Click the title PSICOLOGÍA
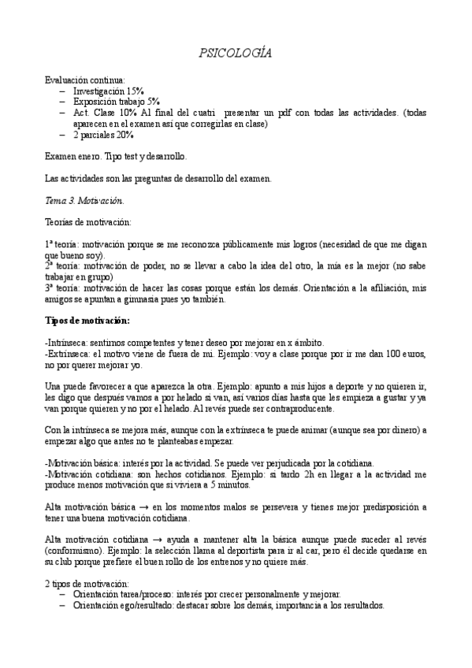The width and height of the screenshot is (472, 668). click(x=236, y=53)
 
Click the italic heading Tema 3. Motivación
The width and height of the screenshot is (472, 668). click(x=84, y=201)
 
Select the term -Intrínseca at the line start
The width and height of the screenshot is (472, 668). click(x=68, y=343)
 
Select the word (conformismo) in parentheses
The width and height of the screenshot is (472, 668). click(x=76, y=550)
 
